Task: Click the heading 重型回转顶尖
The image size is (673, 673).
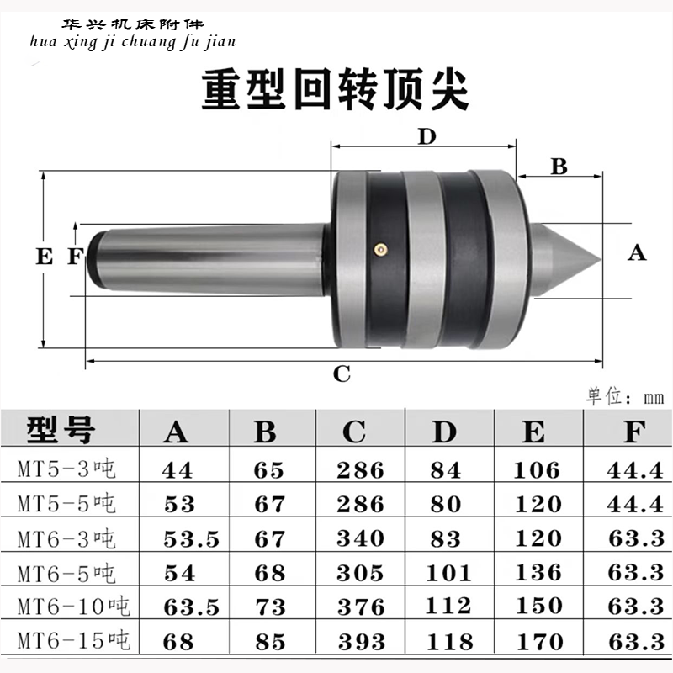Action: pyautogui.click(x=335, y=90)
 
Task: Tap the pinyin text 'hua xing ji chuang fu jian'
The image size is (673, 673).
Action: pyautogui.click(x=135, y=40)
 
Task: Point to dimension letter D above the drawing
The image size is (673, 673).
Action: pyautogui.click(x=427, y=137)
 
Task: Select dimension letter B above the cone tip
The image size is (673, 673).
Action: pyautogui.click(x=559, y=166)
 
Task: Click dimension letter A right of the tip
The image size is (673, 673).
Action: pyautogui.click(x=638, y=252)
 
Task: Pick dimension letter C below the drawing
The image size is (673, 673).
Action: pyautogui.click(x=342, y=374)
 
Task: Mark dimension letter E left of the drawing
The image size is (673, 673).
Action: pyautogui.click(x=45, y=257)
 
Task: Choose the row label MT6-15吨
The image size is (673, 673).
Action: pyautogui.click(x=70, y=641)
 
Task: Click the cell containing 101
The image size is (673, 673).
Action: pyautogui.click(x=446, y=573)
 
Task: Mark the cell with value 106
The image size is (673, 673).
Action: pyautogui.click(x=535, y=469)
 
